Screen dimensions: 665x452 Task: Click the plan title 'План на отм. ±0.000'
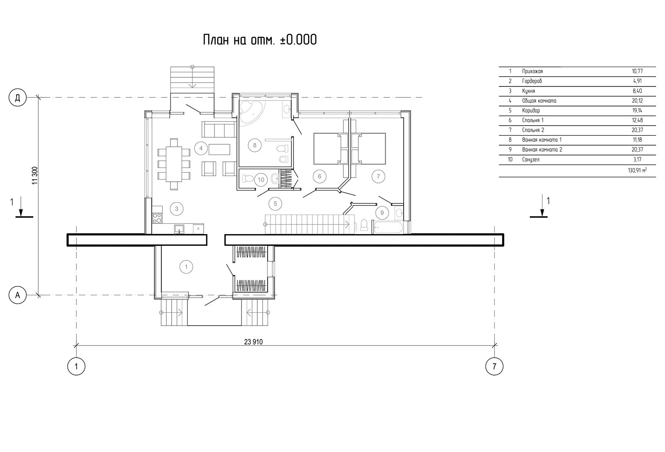tap(260, 40)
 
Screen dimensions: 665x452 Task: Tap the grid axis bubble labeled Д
tap(17, 97)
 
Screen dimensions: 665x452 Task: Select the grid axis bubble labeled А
tap(17, 295)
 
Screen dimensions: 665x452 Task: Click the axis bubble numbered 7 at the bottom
tap(494, 366)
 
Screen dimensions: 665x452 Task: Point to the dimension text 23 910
tap(253, 342)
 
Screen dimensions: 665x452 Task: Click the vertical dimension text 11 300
tap(35, 175)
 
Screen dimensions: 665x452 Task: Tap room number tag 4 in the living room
tap(201, 148)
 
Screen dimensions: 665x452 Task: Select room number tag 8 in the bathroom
tap(254, 145)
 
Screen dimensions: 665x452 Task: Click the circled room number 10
tap(261, 180)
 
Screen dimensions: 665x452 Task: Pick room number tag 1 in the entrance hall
tap(186, 267)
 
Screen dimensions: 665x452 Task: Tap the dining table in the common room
tap(174, 164)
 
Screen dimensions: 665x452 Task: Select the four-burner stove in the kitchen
tap(157, 218)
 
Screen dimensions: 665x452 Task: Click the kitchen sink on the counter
tap(179, 229)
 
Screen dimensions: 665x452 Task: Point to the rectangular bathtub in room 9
tap(388, 227)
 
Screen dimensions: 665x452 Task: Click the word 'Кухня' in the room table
tap(528, 91)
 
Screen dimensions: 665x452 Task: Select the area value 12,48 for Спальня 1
tap(638, 120)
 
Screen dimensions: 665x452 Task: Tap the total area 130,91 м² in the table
tap(637, 170)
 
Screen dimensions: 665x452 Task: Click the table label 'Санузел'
tap(531, 160)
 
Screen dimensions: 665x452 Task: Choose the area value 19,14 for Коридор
tap(638, 111)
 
